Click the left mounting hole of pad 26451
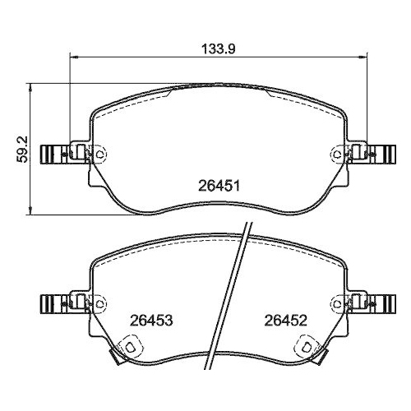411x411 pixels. (x=100, y=154)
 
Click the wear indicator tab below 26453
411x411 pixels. (x=128, y=348)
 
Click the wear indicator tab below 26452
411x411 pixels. (x=310, y=348)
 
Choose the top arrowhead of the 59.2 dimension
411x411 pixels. (x=30, y=85)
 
